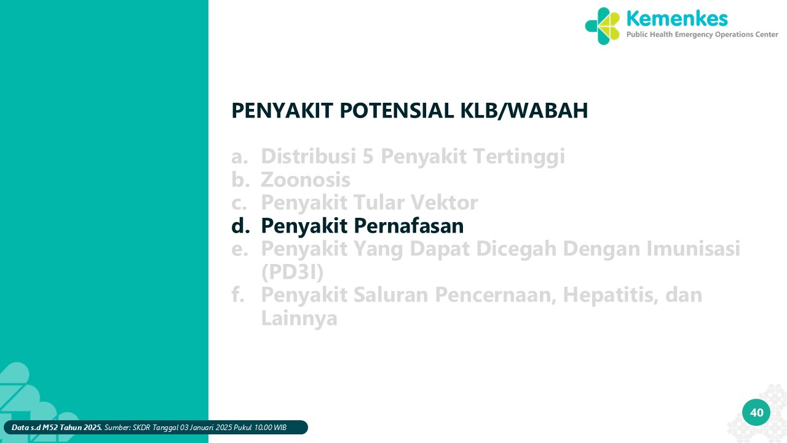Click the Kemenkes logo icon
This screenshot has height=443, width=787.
click(603, 26)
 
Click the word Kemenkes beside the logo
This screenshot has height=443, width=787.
click(677, 18)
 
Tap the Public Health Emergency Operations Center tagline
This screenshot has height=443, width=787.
click(702, 34)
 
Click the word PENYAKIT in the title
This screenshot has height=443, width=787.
click(282, 111)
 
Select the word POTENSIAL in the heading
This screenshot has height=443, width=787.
click(397, 111)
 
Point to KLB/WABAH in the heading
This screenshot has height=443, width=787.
click(524, 111)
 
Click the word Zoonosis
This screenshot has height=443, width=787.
click(306, 180)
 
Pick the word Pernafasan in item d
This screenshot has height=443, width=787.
click(409, 226)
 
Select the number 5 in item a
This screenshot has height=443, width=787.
click(368, 156)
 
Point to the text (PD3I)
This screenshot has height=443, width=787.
click(292, 272)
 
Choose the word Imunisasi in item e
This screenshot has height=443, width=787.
click(693, 249)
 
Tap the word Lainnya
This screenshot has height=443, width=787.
click(299, 319)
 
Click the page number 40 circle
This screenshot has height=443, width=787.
click(756, 412)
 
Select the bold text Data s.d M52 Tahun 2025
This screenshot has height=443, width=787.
click(57, 428)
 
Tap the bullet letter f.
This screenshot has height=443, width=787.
click(238, 294)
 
